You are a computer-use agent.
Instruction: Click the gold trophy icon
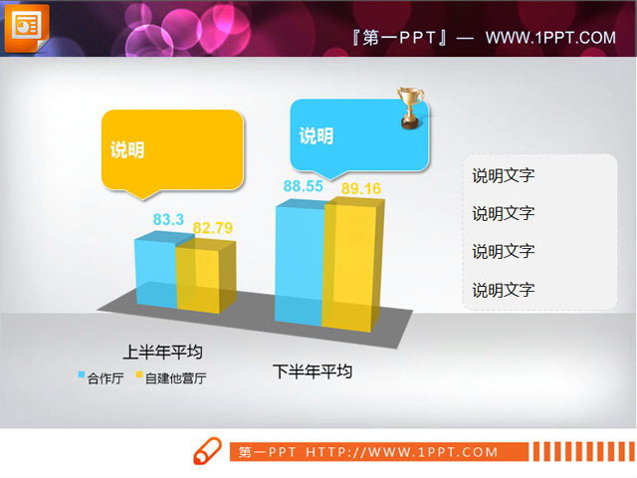tap(410, 109)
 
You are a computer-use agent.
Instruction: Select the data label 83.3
tap(168, 219)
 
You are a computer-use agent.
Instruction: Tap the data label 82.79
tap(213, 228)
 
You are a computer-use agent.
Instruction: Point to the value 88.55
tap(303, 186)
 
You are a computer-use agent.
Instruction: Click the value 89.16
tap(361, 188)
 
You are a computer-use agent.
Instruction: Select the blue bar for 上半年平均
tap(155, 274)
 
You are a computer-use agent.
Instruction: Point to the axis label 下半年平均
tap(313, 371)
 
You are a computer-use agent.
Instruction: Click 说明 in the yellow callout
tap(127, 150)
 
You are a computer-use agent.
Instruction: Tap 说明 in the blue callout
tap(316, 136)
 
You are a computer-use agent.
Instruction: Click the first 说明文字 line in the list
tap(503, 176)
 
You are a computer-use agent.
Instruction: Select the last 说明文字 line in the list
tap(503, 290)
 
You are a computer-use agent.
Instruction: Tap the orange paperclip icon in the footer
tap(206, 451)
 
